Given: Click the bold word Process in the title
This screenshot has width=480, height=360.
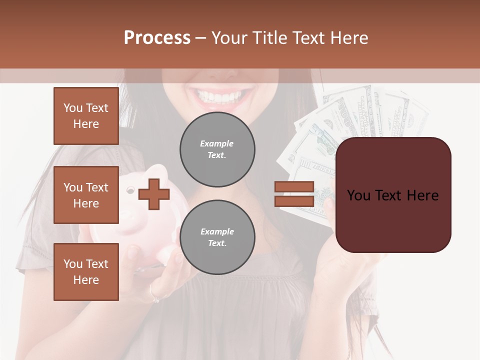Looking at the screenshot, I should pyautogui.click(x=157, y=38).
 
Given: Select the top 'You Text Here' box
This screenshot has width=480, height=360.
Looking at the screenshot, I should pyautogui.click(x=86, y=116).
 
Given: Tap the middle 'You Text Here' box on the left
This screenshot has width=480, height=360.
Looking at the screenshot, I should pyautogui.click(x=86, y=195).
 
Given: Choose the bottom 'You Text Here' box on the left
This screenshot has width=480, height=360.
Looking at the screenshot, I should pyautogui.click(x=86, y=272).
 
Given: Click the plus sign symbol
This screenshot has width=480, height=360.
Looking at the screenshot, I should pyautogui.click(x=153, y=194).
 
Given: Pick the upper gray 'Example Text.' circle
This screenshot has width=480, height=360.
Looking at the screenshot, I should pyautogui.click(x=217, y=149).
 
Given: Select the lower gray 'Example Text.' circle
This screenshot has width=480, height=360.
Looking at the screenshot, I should pyautogui.click(x=217, y=237).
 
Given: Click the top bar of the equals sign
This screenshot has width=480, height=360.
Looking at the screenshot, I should pyautogui.click(x=294, y=187).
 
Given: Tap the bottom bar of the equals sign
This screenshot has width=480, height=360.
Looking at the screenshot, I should pyautogui.click(x=294, y=201).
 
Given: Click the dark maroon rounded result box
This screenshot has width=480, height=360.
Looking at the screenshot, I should pyautogui.click(x=393, y=195).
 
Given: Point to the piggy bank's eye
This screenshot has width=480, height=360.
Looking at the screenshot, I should pyautogui.click(x=130, y=190).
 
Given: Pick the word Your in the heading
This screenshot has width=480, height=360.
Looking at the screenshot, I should pyautogui.click(x=229, y=38).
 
